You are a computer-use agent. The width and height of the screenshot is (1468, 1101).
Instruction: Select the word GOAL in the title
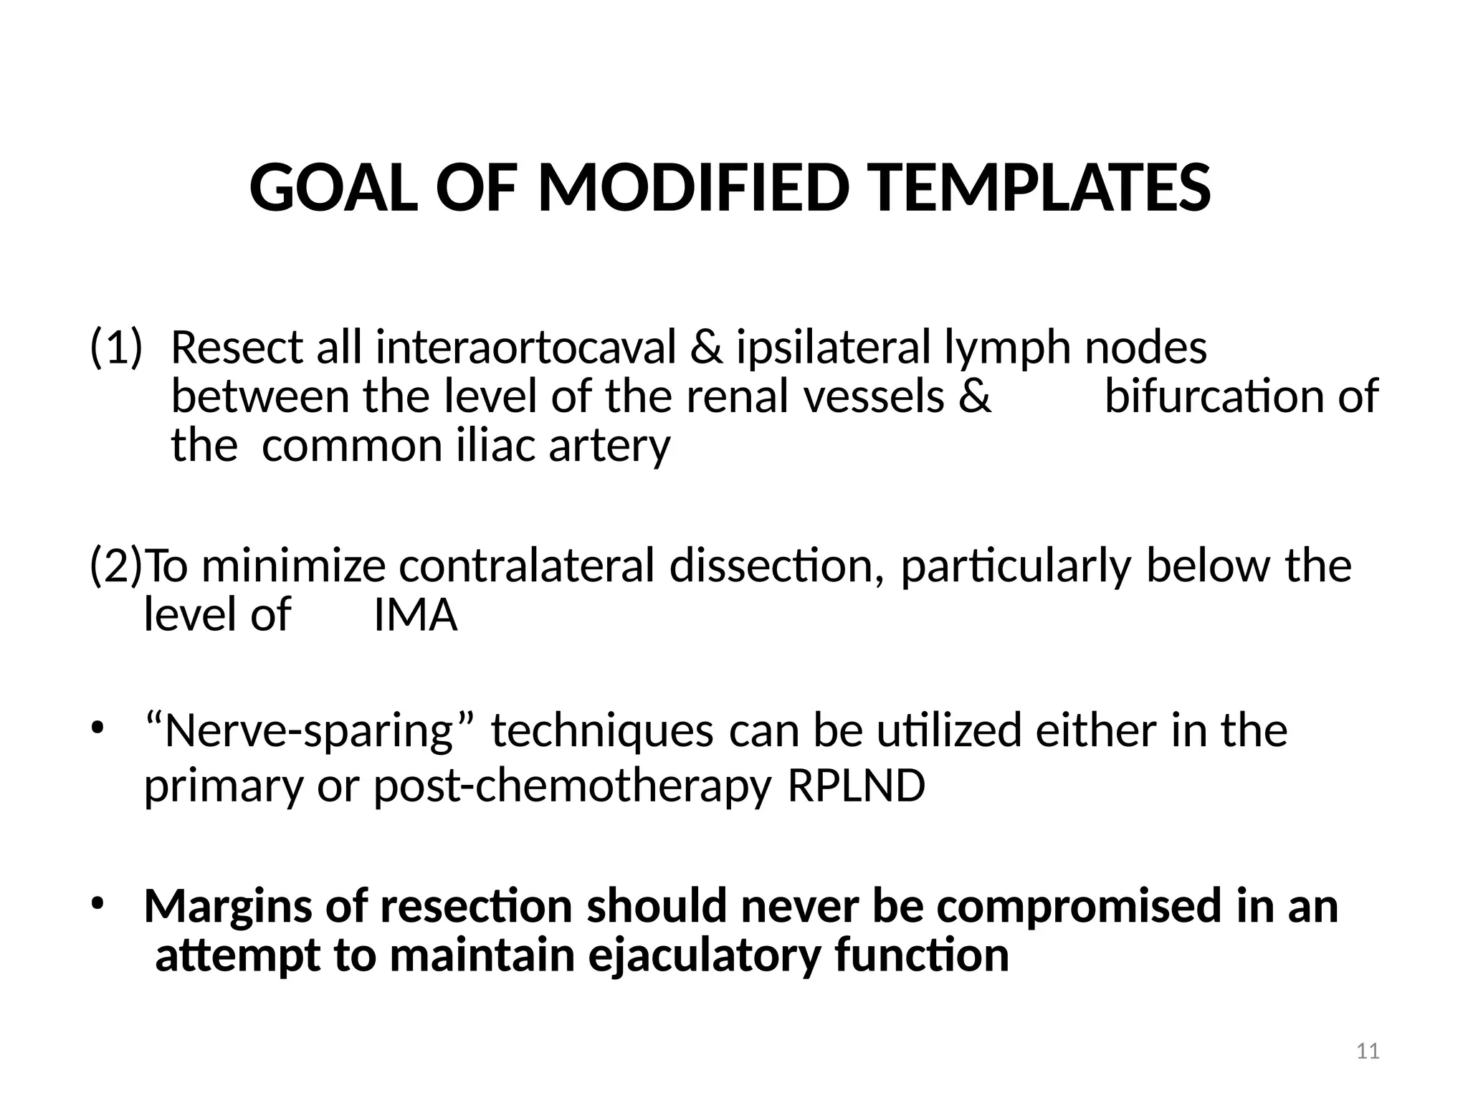pos(333,188)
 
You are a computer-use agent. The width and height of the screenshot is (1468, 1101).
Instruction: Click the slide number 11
pos(1368,1051)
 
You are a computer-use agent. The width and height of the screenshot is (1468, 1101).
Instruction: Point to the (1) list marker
pos(116,348)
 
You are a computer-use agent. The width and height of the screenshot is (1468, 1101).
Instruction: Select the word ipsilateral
pos(832,348)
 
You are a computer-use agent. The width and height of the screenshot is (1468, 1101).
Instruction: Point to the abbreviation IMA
pos(415,615)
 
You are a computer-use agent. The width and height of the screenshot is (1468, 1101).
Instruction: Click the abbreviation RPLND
pos(856,786)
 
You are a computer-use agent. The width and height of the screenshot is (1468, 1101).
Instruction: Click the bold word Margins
pos(228,907)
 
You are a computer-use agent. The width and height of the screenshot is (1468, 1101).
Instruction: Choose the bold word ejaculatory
pos(703,955)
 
